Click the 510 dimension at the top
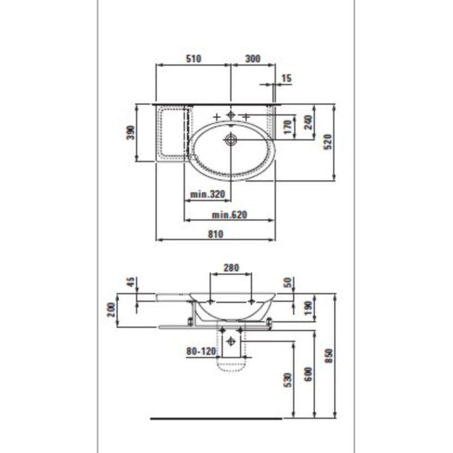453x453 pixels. tap(193, 58)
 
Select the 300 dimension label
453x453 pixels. tap(252, 58)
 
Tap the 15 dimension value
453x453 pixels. tap(286, 78)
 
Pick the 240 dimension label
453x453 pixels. tap(308, 123)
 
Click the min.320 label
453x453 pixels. tap(207, 194)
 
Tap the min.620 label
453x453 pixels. tap(230, 215)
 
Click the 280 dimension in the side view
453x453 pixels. tap(231, 267)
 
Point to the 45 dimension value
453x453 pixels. tap(131, 283)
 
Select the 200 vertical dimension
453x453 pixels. tap(111, 309)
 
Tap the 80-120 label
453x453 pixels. tap(201, 351)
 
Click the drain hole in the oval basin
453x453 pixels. tap(230, 139)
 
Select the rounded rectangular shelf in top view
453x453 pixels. tap(173, 133)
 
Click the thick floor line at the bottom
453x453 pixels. tap(216, 419)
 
